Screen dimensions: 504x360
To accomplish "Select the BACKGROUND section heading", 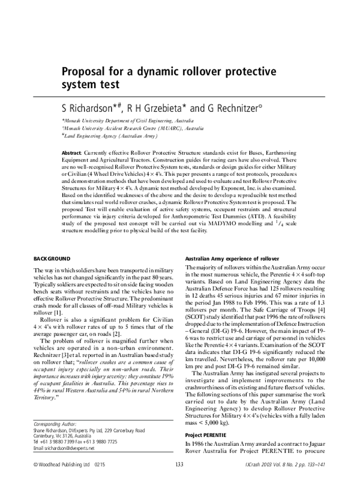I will point(55,257).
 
